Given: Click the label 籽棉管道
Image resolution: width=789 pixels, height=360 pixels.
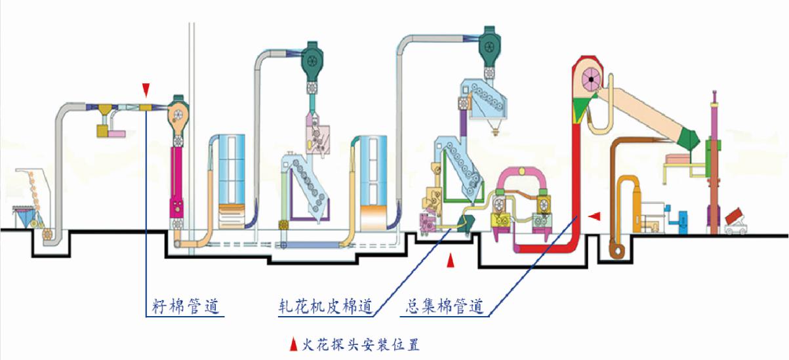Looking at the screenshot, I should point(185,306).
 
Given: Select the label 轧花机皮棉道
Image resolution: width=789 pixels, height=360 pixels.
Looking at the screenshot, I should point(325,306).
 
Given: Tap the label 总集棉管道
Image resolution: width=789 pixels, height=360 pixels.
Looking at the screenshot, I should point(445,306).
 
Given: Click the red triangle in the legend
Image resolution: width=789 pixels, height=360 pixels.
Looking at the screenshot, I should point(293,343).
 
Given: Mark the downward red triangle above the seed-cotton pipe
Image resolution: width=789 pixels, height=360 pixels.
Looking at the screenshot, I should point(146,89).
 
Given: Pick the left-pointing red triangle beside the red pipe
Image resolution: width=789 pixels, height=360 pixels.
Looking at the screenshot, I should point(594,216).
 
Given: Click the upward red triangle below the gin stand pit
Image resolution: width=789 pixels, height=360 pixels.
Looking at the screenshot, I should point(450,262).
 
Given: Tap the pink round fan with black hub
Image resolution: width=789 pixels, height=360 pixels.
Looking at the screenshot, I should point(591,79).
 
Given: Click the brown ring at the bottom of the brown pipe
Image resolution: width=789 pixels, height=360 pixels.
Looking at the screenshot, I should point(618,249).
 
